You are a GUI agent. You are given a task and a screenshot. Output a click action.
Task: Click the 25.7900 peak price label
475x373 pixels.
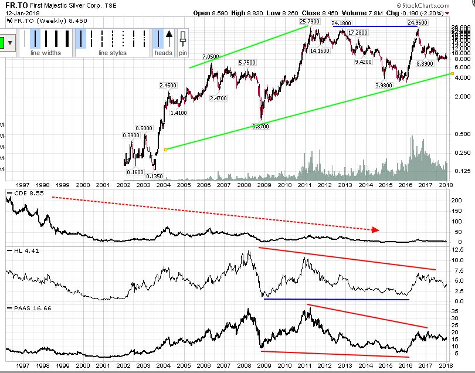tap(310, 22)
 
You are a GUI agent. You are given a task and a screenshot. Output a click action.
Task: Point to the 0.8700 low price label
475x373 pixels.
tap(261, 126)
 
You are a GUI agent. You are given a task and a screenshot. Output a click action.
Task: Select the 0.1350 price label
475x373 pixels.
tap(154, 176)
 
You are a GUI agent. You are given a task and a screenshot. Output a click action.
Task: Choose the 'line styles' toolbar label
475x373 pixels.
tap(112, 53)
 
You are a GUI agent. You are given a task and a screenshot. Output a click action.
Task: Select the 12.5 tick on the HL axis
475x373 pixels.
tap(457, 250)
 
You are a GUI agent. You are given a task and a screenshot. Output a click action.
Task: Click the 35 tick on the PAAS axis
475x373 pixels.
tap(455, 311)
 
